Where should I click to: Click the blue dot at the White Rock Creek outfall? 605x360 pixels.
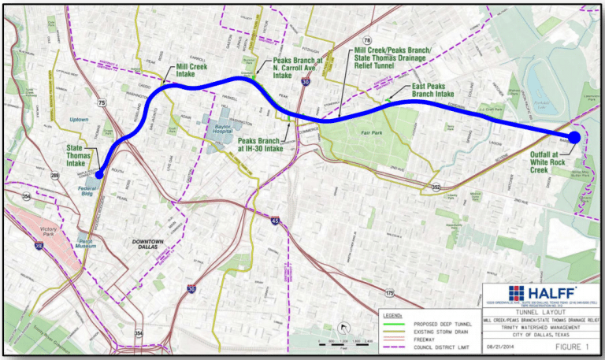574,137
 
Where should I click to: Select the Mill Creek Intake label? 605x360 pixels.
191,72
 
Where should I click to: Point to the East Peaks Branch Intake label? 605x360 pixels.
432,90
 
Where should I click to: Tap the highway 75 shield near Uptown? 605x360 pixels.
102,102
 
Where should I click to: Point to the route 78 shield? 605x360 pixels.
366,40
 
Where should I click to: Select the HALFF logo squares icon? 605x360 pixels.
495,292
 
